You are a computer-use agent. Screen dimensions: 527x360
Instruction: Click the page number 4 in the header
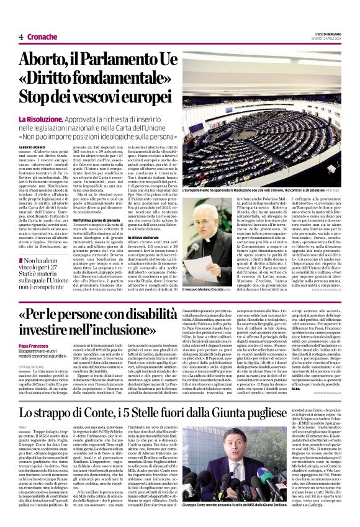pos(20,37)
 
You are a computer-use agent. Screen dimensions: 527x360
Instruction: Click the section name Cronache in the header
pos(42,37)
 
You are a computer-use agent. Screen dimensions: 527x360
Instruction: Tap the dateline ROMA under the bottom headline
pos(23,444)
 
